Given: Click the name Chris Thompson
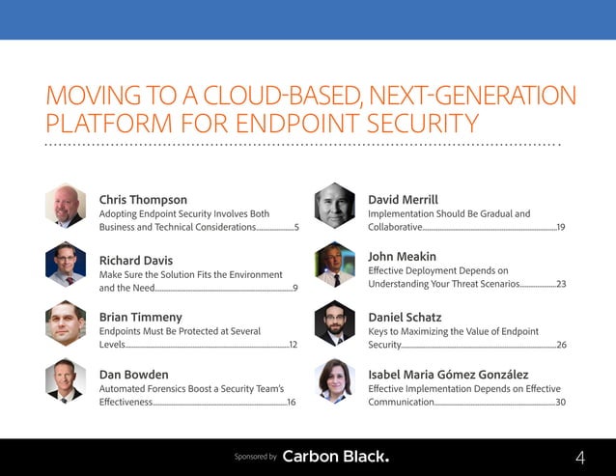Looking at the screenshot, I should (x=143, y=200).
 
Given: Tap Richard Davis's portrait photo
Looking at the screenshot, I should (x=66, y=265).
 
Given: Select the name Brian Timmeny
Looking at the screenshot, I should (x=140, y=317).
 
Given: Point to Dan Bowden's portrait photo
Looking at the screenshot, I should (x=66, y=378).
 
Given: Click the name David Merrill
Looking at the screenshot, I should (x=403, y=200).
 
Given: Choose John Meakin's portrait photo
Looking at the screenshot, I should (x=335, y=265).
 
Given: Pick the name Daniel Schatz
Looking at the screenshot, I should (x=405, y=317).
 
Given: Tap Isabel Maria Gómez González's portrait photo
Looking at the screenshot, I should (x=335, y=380).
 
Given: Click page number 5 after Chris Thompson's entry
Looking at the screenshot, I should (x=295, y=227).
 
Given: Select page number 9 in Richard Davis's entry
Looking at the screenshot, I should (x=294, y=288).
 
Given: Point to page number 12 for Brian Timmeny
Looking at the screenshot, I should (x=293, y=344).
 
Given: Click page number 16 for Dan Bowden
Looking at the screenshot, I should (x=292, y=402).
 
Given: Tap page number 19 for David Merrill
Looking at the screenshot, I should (x=560, y=227).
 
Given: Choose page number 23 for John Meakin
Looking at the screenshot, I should (x=561, y=284).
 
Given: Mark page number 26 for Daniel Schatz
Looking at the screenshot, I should (x=561, y=344).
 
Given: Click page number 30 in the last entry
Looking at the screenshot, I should (x=560, y=402).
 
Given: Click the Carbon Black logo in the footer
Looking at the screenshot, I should (x=336, y=456).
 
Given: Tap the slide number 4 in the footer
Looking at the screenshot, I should (x=580, y=457).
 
